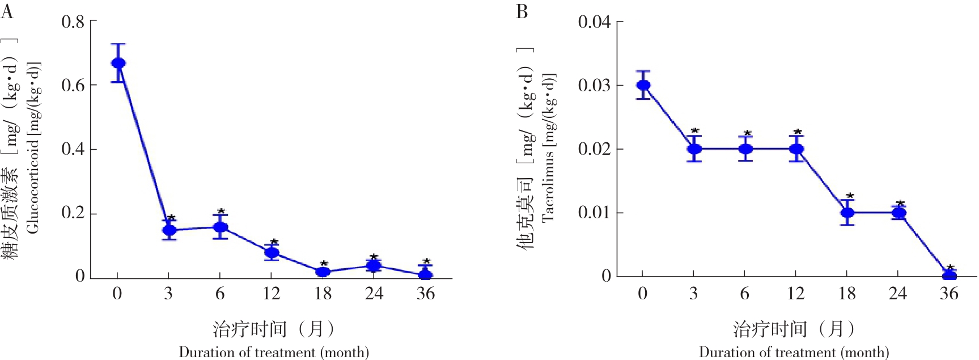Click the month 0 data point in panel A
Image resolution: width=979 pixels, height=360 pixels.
[x=118, y=63]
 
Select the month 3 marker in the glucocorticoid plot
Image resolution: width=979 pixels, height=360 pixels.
[x=169, y=230]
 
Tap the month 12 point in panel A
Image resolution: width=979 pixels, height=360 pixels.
[x=272, y=252]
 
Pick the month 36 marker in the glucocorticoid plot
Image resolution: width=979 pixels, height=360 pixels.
[x=426, y=275]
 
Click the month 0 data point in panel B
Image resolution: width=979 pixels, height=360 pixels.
[x=643, y=85]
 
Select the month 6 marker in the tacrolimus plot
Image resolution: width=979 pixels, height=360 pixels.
[x=746, y=149]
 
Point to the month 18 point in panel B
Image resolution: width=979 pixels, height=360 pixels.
[x=847, y=213]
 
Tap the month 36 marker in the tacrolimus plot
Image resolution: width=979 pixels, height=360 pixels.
[x=950, y=276]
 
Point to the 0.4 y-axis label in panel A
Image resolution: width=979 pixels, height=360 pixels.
[x=73, y=149]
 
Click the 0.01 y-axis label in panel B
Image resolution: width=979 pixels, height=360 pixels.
[x=594, y=213]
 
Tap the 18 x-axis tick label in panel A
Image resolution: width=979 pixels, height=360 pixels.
[x=323, y=293]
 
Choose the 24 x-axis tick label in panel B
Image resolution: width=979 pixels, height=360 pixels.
[x=898, y=293]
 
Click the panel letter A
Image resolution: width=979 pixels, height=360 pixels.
[x=7, y=11]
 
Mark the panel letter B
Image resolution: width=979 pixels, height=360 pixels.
[x=522, y=11]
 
